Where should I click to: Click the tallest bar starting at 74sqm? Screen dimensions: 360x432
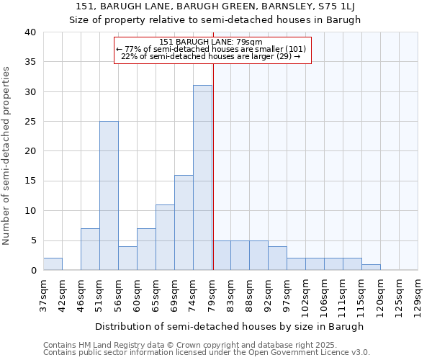pyautogui.click(x=202, y=178)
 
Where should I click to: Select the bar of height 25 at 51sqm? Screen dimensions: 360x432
pyautogui.click(x=109, y=196)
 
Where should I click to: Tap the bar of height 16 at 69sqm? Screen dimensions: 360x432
pyautogui.click(x=184, y=222)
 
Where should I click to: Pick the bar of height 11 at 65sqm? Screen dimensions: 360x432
pyautogui.click(x=165, y=238)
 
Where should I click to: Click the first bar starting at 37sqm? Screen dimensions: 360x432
pyautogui.click(x=53, y=264)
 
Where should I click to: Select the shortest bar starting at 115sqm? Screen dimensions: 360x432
pyautogui.click(x=371, y=267)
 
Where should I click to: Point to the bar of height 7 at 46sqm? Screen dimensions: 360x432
pyautogui.click(x=90, y=249)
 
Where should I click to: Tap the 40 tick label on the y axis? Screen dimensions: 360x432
pyautogui.click(x=30, y=32)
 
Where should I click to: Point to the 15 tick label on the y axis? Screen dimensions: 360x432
pyautogui.click(x=30, y=181)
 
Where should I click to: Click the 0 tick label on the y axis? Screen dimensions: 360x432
pyautogui.click(x=32, y=270)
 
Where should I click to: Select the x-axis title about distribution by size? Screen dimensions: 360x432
pyautogui.click(x=229, y=326)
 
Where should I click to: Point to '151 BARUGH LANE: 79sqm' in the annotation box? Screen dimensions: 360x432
pyautogui.click(x=211, y=42)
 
